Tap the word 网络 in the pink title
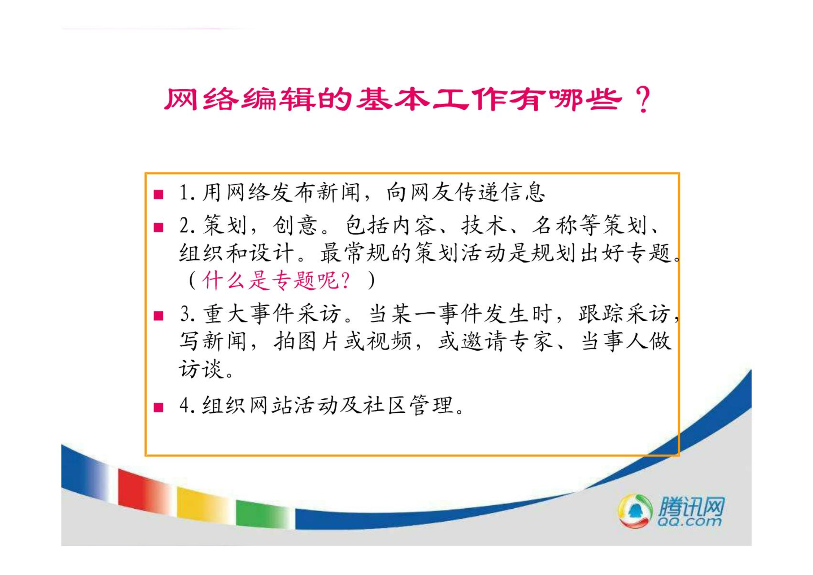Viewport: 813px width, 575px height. tap(201, 100)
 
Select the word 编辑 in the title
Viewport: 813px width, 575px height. tap(278, 100)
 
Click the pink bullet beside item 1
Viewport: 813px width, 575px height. tap(158, 195)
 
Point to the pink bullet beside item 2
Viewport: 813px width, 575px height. tap(158, 228)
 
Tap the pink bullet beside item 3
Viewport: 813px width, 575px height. tap(158, 316)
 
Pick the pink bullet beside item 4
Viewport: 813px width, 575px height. tap(158, 408)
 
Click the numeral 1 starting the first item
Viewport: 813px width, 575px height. tap(183, 192)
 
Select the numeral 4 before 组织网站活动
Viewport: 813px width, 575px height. tap(184, 405)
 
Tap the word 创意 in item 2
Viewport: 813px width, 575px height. tap(295, 225)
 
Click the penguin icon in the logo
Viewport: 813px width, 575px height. tap(635, 511)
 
